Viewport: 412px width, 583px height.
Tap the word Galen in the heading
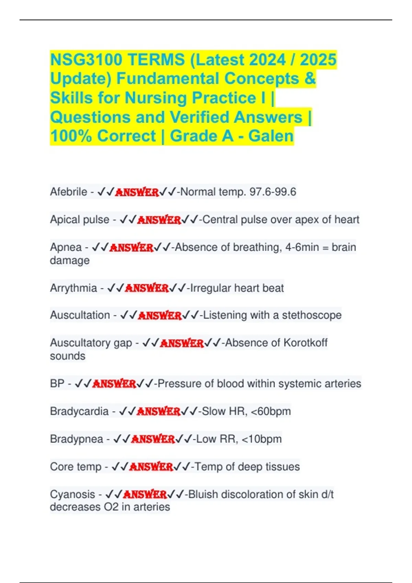pos(271,136)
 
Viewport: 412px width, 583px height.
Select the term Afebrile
pos(69,192)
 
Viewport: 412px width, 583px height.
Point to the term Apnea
pos(66,247)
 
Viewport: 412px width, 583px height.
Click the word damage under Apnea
pos(70,260)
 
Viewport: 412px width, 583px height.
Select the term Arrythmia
pos(73,288)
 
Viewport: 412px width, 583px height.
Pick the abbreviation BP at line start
pos(57,383)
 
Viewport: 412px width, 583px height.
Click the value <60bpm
pos(271,411)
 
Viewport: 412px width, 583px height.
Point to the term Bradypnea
pos(77,439)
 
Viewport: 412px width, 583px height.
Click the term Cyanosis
pos(72,495)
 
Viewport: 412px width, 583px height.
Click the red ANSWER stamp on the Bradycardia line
pos(158,411)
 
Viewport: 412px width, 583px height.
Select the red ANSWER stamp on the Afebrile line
pos(137,192)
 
